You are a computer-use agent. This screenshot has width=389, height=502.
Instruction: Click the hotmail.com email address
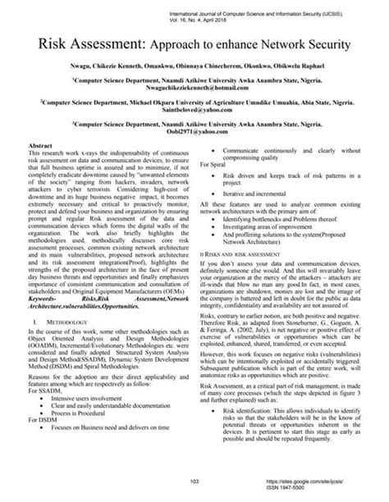[x=194, y=88]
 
